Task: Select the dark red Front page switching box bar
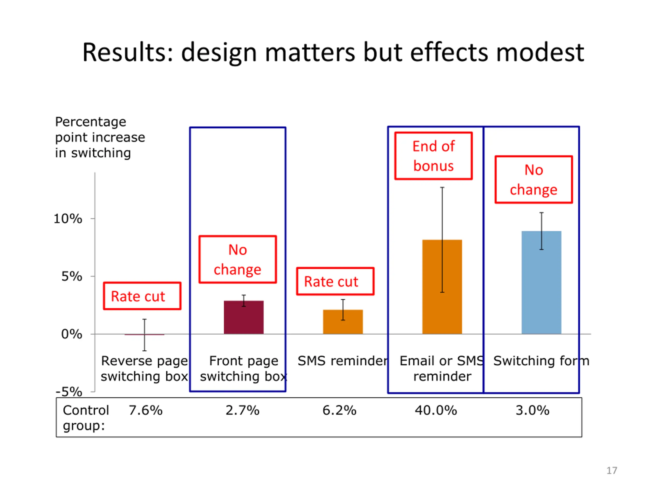point(244,317)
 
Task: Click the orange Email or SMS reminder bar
point(442,287)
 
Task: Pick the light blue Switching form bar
point(541,282)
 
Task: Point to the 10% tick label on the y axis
point(68,219)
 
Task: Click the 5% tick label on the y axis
point(72,276)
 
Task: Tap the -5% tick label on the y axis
point(69,392)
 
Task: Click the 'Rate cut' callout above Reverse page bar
point(142,296)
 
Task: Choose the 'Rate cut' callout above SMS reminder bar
point(335,281)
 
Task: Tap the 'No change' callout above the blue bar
point(534,179)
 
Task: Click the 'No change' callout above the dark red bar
point(238,259)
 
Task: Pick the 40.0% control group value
point(436,410)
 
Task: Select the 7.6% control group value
point(146,410)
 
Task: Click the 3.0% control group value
point(532,410)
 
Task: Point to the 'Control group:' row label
point(85,418)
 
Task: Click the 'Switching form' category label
point(541,361)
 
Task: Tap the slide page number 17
point(612,470)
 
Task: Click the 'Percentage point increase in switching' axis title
point(100,137)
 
